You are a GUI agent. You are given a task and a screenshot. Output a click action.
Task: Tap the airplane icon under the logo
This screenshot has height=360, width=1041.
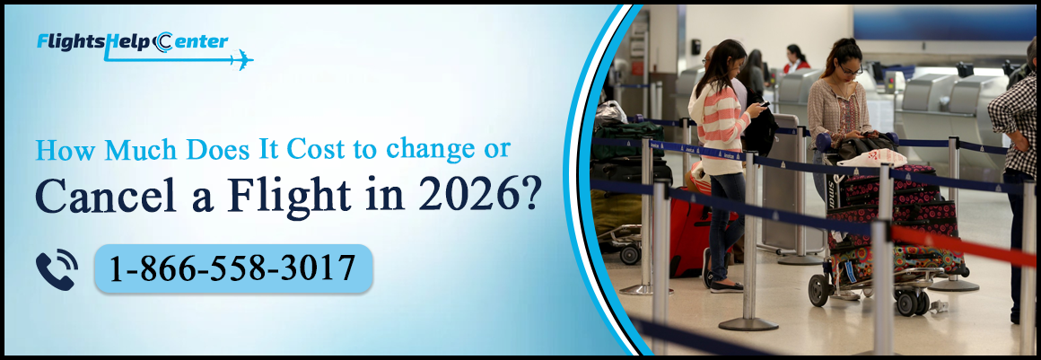click(x=241, y=61)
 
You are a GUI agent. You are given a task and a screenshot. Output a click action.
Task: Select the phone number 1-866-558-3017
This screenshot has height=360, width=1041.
click(x=232, y=268)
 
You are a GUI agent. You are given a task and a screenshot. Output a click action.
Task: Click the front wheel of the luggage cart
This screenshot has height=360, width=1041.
click(x=818, y=289)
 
